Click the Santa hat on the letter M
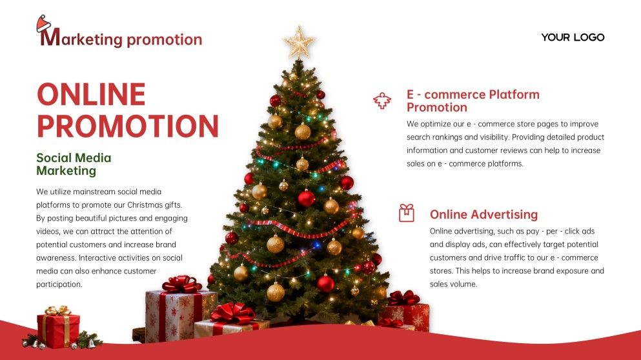point(43,24)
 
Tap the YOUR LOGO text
point(573,37)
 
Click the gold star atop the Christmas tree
point(299,43)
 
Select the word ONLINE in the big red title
point(91,95)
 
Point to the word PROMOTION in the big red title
point(127,126)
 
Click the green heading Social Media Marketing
point(74,164)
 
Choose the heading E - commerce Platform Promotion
point(473,101)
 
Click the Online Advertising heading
point(483,214)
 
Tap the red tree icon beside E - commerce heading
point(383,101)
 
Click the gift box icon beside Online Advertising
point(406,213)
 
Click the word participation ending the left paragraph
point(59,284)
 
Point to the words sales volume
point(453,284)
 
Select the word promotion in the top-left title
point(165,39)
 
